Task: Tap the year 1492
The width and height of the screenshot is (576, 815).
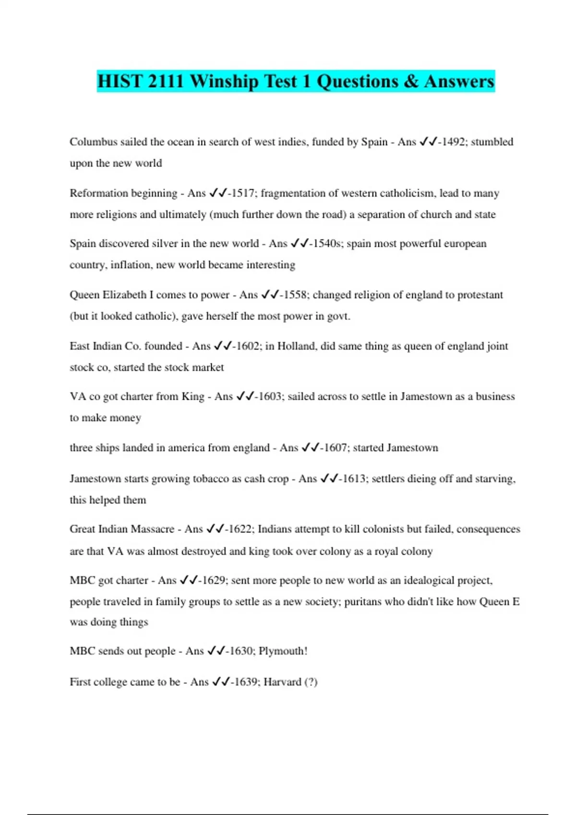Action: pyautogui.click(x=453, y=142)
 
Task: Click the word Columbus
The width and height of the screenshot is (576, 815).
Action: pyautogui.click(x=93, y=142)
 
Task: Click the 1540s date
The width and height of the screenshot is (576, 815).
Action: pyautogui.click(x=327, y=244)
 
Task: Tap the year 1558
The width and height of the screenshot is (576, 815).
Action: pyautogui.click(x=295, y=295)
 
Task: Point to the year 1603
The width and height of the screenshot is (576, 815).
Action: pyautogui.click(x=270, y=396)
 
